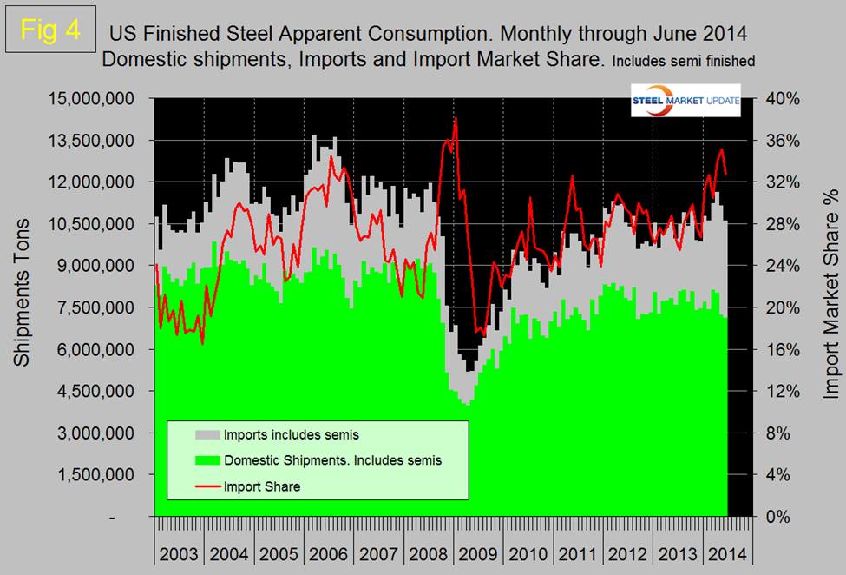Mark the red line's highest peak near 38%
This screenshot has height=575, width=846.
(x=456, y=119)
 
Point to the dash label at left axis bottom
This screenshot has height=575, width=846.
(x=135, y=517)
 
